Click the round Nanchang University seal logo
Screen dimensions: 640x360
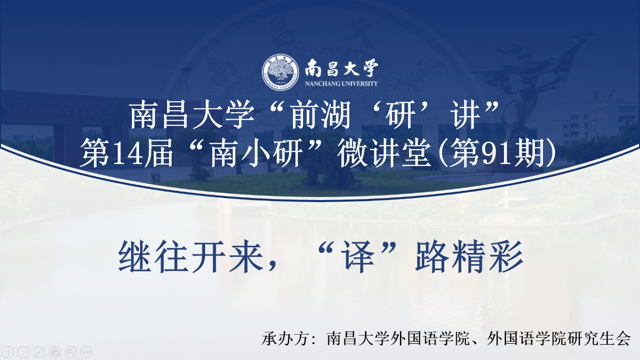pyautogui.click(x=280, y=72)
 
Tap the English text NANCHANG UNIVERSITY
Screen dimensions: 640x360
pyautogui.click(x=341, y=83)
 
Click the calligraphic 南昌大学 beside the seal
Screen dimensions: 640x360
pyautogui.click(x=342, y=68)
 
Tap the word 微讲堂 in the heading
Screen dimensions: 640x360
pyautogui.click(x=384, y=154)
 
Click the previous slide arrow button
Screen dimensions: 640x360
pyautogui.click(x=8, y=352)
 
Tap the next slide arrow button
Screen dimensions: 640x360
pyautogui.click(x=23, y=352)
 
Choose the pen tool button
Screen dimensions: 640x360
pyautogui.click(x=39, y=352)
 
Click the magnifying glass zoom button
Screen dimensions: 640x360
pyautogui.click(x=70, y=352)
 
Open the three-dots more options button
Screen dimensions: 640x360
pyautogui.click(x=86, y=352)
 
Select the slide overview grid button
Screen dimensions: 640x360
pyautogui.click(x=55, y=352)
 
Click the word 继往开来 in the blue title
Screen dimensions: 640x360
pyautogui.click(x=191, y=256)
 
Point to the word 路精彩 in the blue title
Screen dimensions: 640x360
pyautogui.click(x=469, y=256)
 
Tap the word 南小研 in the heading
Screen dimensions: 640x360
pyautogui.click(x=257, y=154)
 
